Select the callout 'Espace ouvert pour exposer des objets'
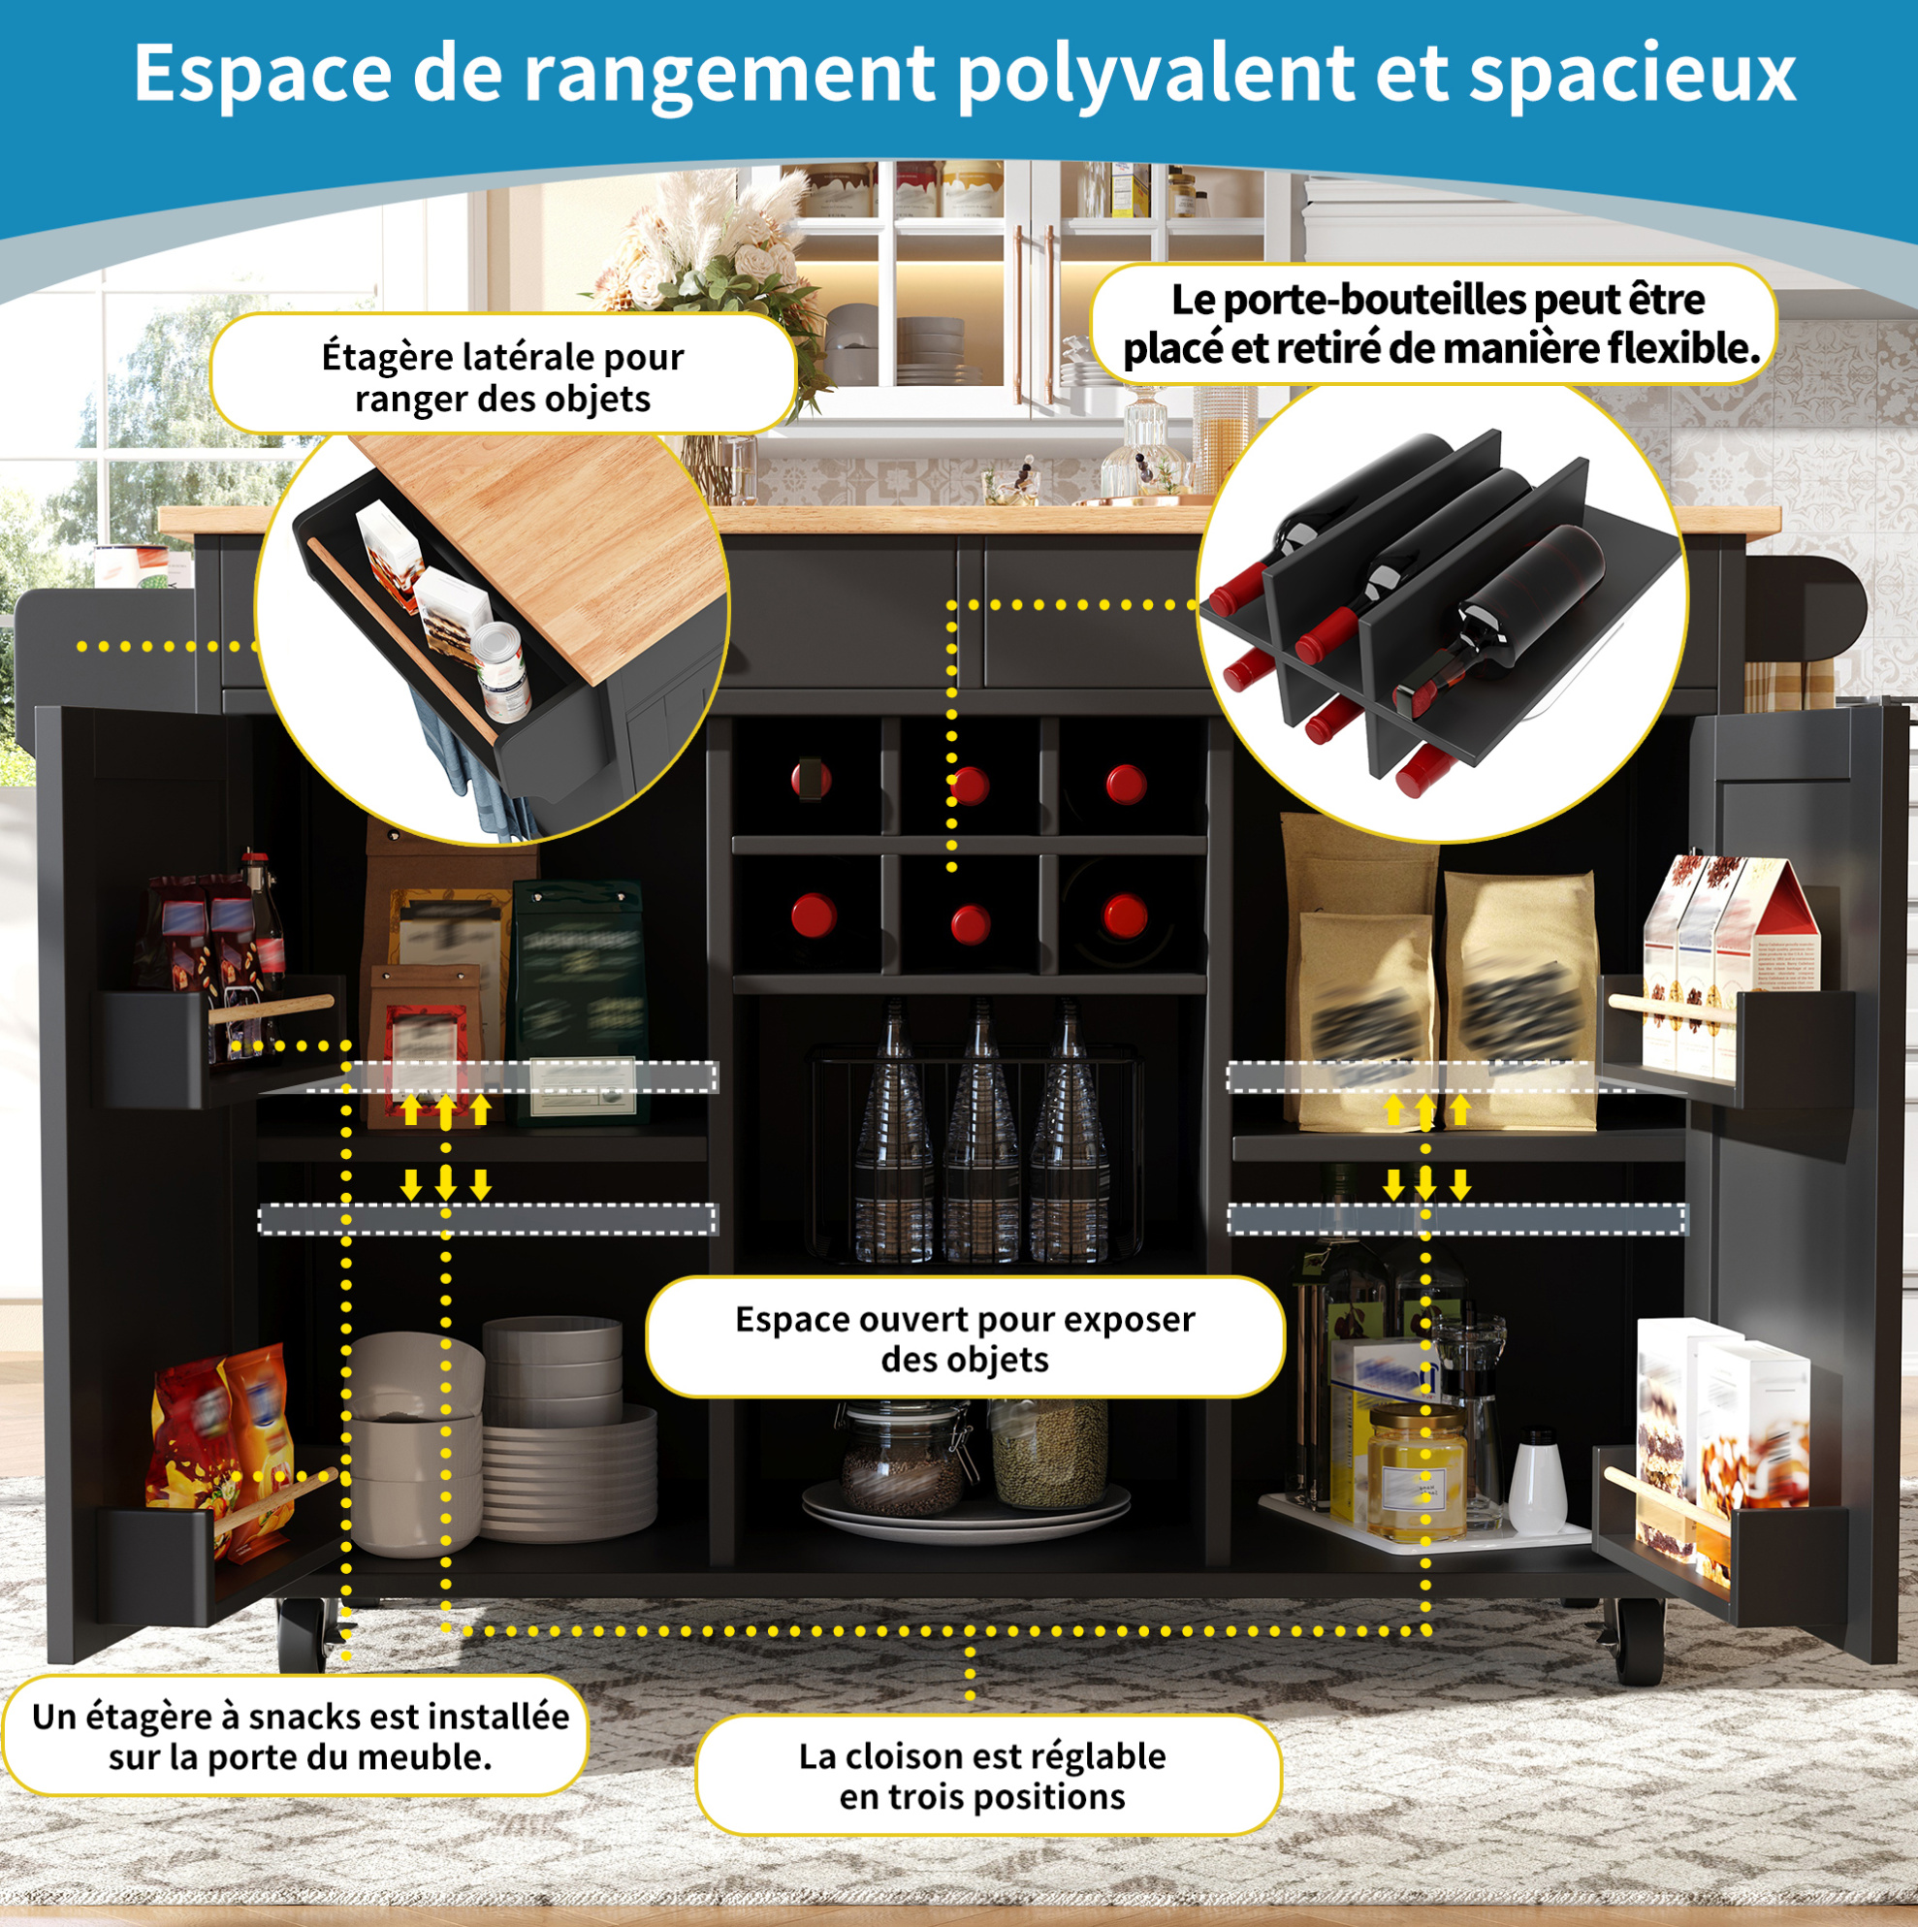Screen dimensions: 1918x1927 [965, 1338]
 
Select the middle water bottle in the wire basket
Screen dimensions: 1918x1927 [980, 1132]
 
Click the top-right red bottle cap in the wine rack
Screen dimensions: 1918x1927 [1125, 784]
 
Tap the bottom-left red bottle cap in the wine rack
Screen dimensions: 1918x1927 [813, 915]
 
